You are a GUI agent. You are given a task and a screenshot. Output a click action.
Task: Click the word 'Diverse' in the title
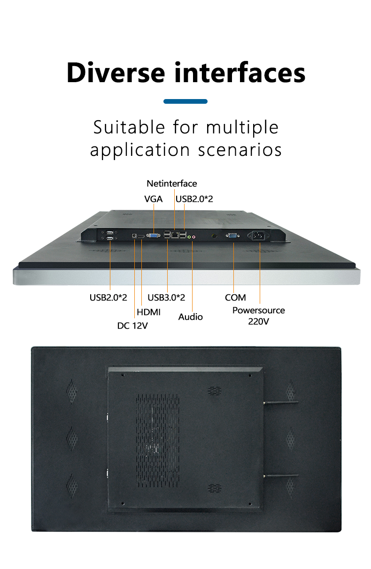coord(116,73)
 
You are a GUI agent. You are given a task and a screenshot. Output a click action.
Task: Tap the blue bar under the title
coord(185,101)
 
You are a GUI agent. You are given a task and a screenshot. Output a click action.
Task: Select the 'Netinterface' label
coord(172,184)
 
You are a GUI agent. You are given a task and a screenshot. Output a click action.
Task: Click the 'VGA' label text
coord(154,199)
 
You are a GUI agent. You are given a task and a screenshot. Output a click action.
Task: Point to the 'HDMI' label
coord(149,312)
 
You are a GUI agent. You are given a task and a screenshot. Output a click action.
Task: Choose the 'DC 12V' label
coord(132,326)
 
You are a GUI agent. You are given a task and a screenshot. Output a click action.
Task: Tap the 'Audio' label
coord(191,317)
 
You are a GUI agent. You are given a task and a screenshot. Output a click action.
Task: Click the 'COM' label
coord(235,298)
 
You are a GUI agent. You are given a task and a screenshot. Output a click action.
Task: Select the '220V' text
coord(258,321)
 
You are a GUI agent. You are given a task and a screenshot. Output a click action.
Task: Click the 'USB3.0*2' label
coord(166,297)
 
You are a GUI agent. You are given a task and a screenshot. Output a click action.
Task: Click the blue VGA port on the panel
coord(154,236)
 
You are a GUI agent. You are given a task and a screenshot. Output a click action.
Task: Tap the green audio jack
coord(189,237)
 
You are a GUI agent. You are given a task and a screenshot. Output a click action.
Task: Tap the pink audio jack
coord(193,237)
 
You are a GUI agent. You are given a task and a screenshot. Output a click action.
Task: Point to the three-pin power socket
coord(258,236)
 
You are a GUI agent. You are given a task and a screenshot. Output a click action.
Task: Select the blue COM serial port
coord(232,236)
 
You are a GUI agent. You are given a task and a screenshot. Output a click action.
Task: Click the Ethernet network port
coord(175,235)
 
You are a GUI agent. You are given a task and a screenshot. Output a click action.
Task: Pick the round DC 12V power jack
coord(134,236)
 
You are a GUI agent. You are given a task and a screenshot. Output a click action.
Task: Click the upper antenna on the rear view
coord(281,402)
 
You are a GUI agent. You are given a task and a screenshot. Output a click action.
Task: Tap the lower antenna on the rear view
coord(281,476)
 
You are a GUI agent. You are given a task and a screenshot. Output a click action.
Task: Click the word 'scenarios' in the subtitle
coord(240,150)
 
